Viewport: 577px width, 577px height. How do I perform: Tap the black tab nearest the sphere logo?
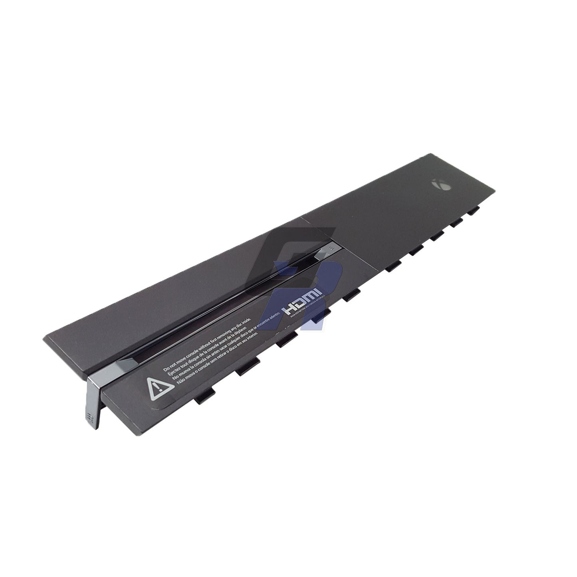pyautogui.click(x=474, y=210)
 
